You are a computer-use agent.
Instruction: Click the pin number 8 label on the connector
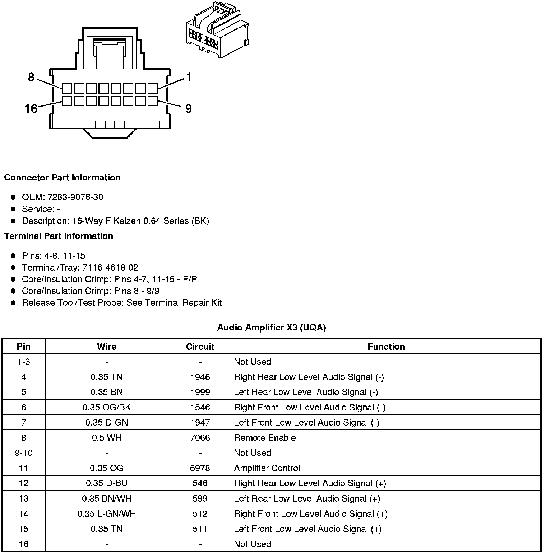click(31, 77)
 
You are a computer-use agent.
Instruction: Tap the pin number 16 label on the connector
click(31, 108)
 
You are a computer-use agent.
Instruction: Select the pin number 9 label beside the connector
click(188, 108)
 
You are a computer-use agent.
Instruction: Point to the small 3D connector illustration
click(217, 30)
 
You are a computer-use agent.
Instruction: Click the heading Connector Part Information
click(62, 178)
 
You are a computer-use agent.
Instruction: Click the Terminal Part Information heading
click(59, 236)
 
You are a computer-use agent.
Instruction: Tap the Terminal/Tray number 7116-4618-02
click(110, 267)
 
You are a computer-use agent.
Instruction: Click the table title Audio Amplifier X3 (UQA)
click(272, 327)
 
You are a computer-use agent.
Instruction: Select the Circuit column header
click(200, 347)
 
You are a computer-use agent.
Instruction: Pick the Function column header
click(386, 347)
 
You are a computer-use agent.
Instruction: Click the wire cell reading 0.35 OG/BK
click(107, 407)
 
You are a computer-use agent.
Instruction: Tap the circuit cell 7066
click(200, 438)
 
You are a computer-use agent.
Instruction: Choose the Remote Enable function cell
click(265, 438)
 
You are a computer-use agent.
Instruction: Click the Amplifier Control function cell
click(267, 468)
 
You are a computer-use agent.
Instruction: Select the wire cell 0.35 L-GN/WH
click(107, 514)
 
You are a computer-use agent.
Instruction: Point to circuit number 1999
click(200, 392)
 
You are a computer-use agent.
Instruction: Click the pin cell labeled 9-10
click(24, 453)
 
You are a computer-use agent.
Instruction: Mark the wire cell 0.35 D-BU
click(107, 483)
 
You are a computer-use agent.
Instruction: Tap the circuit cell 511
click(200, 529)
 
